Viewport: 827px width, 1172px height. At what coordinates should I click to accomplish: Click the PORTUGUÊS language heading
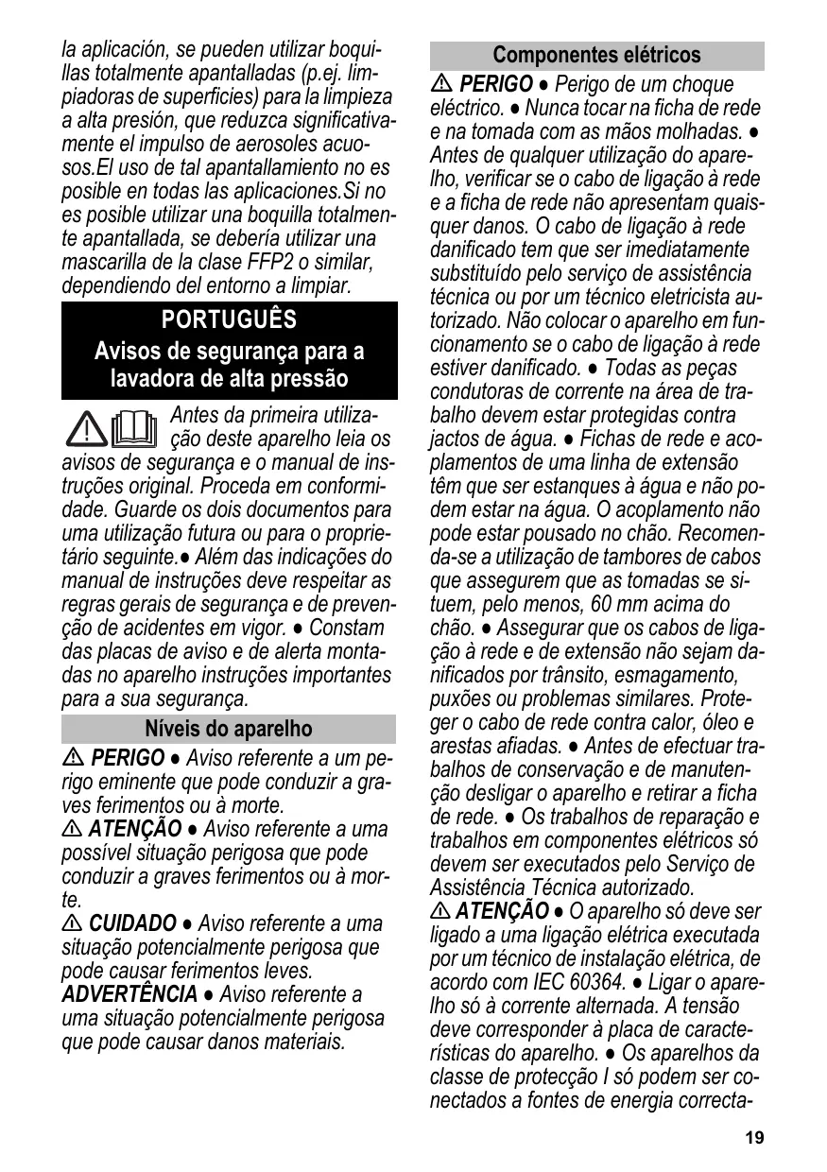click(229, 319)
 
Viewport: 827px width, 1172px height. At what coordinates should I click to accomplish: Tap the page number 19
click(753, 1138)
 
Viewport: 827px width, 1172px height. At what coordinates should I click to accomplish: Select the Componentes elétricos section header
click(596, 55)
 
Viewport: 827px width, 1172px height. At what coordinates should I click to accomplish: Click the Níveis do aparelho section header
click(229, 729)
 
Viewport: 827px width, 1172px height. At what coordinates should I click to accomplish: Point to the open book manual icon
click(133, 427)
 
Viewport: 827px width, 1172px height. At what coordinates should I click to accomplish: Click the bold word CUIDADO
click(132, 922)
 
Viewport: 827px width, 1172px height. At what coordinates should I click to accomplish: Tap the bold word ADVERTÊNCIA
click(129, 994)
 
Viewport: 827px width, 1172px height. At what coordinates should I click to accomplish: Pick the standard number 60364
click(590, 982)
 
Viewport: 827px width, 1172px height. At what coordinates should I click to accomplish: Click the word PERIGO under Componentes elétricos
click(495, 84)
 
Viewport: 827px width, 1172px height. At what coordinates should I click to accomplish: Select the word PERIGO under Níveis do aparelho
click(128, 759)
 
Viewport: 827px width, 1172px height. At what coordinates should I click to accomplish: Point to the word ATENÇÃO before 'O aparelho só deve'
click(502, 911)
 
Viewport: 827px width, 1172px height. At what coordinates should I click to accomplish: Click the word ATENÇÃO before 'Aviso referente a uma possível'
click(134, 829)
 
